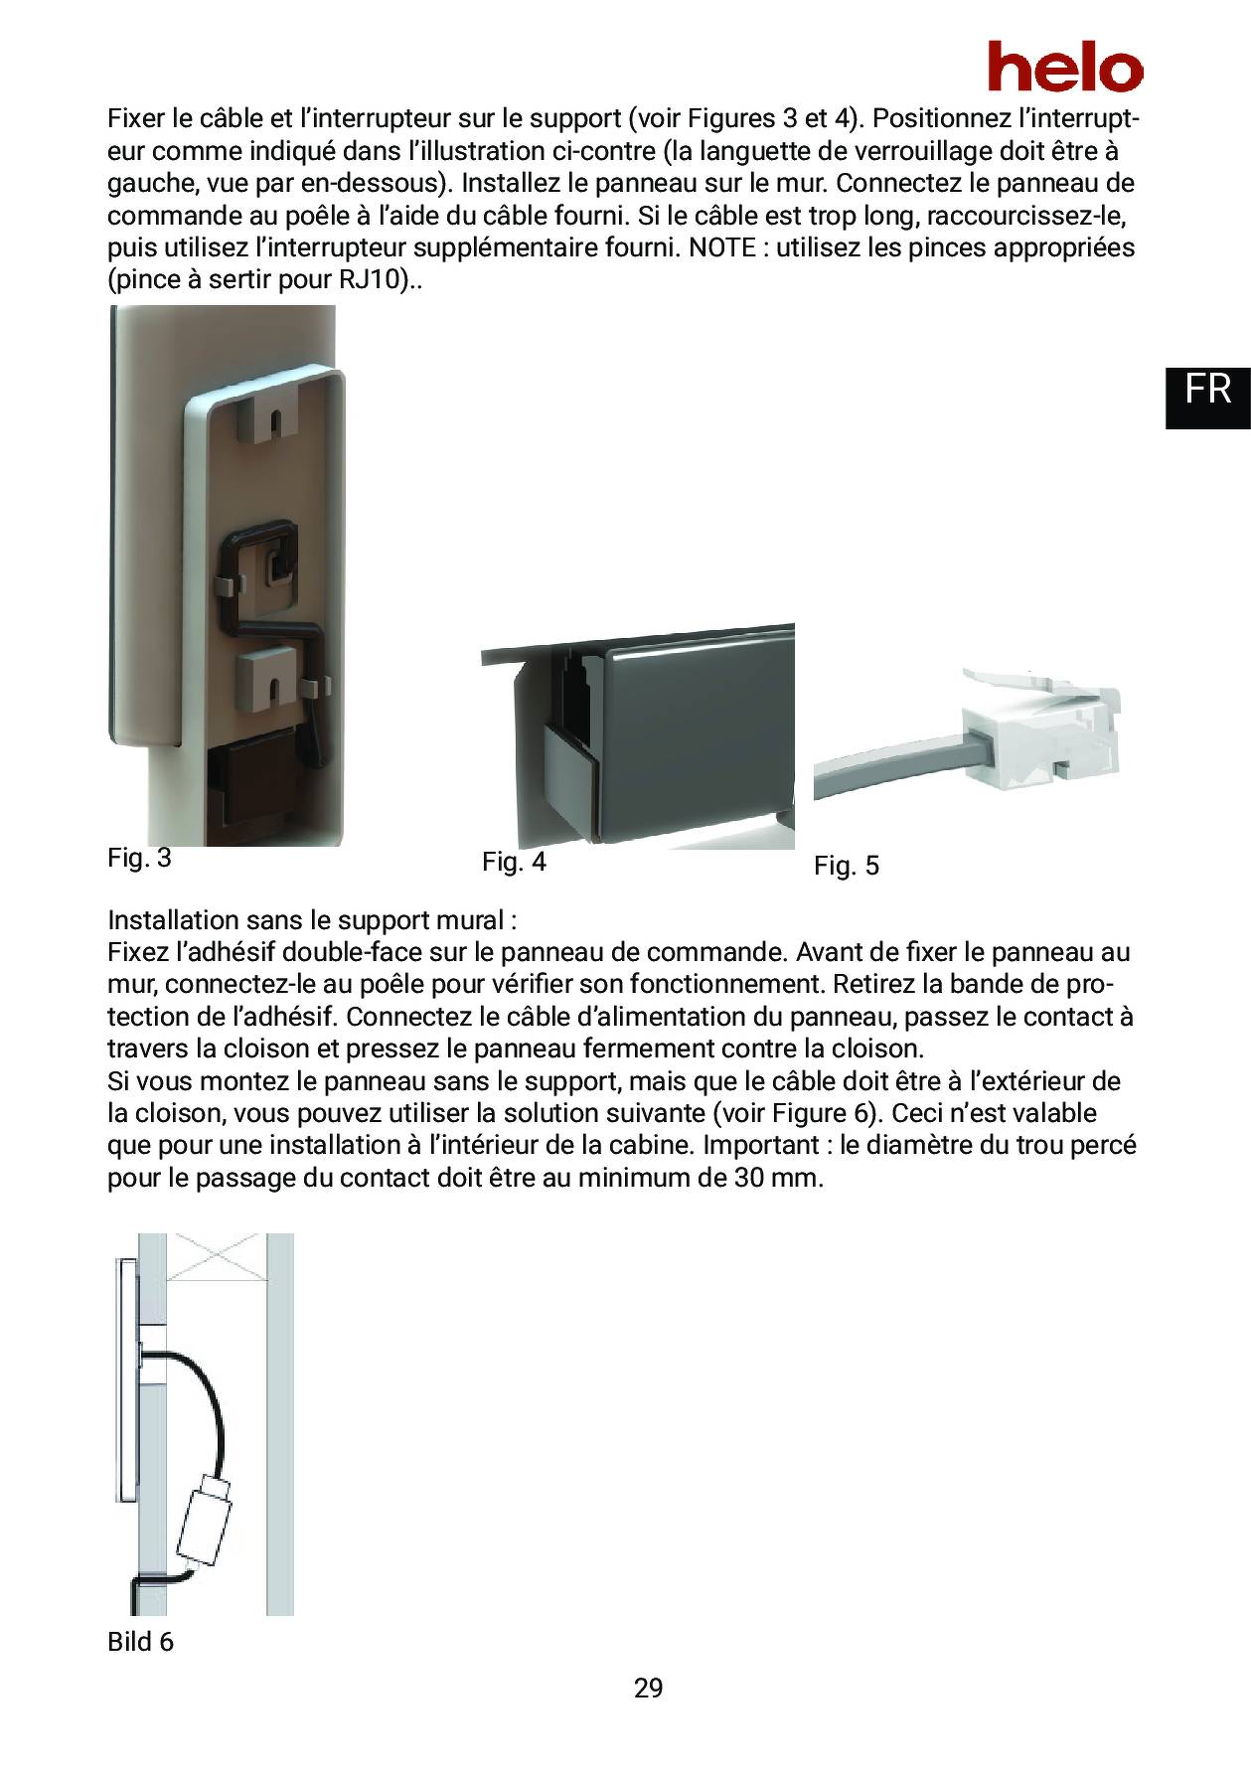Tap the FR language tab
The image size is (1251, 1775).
tap(1207, 389)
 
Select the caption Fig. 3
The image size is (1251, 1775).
tap(139, 858)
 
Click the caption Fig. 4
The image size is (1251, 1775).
tap(514, 862)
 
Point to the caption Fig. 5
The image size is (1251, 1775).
tap(846, 866)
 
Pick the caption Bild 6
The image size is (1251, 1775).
tap(140, 1642)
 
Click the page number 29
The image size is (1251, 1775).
tap(648, 1688)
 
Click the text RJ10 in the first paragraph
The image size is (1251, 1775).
tap(372, 279)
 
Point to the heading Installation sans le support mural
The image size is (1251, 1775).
tap(312, 920)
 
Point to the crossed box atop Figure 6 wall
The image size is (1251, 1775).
tap(216, 1257)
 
